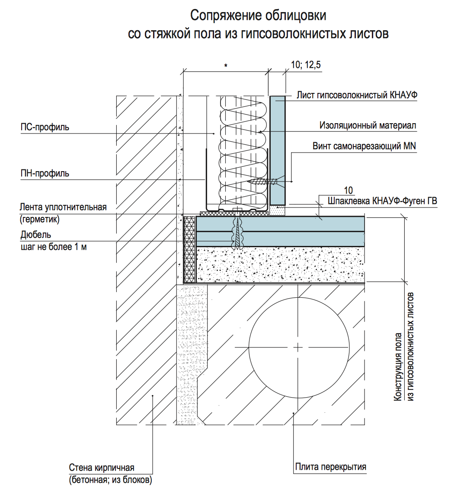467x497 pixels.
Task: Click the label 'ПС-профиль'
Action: coord(45,127)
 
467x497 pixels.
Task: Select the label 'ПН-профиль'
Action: coord(45,173)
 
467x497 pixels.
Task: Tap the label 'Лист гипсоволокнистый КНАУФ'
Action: coord(357,95)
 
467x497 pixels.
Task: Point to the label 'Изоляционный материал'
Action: coord(368,125)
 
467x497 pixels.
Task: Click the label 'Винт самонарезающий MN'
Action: coord(364,146)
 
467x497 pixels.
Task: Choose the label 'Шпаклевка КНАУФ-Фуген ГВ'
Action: coord(382,201)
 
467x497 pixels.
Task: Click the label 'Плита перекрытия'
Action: coord(330,467)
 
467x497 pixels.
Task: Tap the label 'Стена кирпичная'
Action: coord(102,468)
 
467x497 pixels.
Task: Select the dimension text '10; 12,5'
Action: coord(306,65)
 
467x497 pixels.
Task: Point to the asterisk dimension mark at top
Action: coord(226,66)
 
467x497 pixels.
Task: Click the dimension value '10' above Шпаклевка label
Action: coord(348,190)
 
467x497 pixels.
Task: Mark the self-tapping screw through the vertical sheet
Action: coord(264,182)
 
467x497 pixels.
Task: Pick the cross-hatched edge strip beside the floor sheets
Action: coord(189,248)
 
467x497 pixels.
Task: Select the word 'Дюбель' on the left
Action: coord(35,235)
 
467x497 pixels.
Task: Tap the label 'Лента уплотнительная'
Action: coord(63,207)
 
